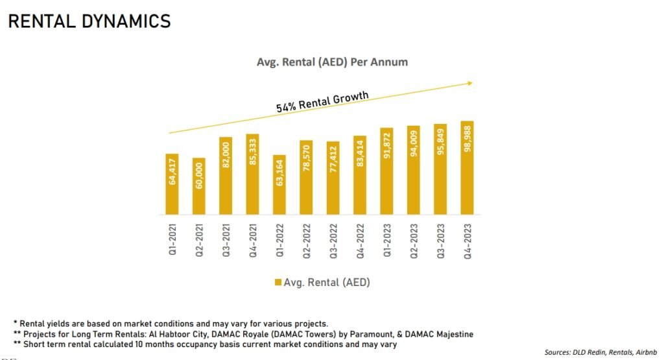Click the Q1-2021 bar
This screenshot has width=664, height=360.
coord(172,184)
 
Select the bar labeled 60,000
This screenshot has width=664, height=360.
coord(198,186)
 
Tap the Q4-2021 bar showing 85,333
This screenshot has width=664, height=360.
coord(252,174)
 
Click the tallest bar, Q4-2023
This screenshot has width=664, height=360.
coord(467,168)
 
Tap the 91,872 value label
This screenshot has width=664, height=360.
coord(386,149)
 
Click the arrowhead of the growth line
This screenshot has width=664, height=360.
coord(471,82)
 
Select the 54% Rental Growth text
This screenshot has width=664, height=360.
coord(322,102)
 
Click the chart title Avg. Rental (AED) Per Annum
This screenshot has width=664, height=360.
coord(322,62)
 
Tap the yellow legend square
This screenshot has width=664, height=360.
coord(278,283)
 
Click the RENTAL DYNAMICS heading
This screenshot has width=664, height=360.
coord(89,21)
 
